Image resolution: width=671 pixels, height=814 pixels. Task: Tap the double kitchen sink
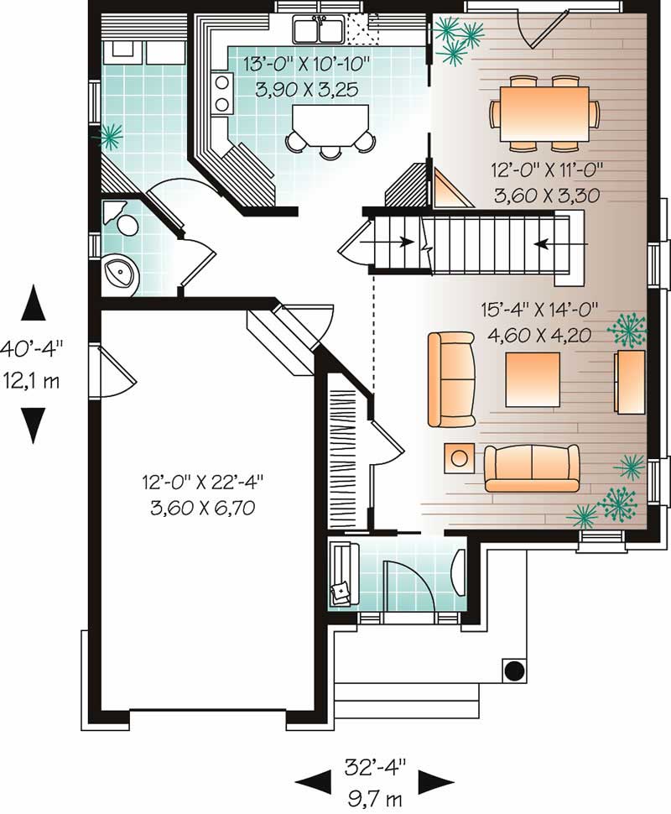(x=319, y=30)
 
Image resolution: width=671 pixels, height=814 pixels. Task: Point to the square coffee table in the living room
(x=532, y=378)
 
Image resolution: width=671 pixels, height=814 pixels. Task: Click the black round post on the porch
(x=513, y=671)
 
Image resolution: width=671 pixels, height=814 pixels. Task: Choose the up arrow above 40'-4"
(x=34, y=302)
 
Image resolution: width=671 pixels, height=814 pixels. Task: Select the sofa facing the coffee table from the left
(x=450, y=379)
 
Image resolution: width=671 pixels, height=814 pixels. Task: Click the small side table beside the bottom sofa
(x=458, y=457)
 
